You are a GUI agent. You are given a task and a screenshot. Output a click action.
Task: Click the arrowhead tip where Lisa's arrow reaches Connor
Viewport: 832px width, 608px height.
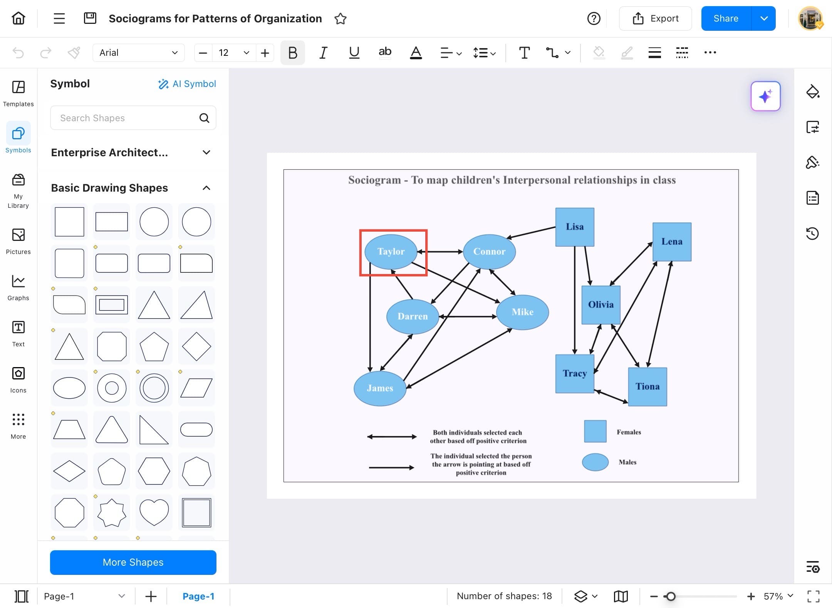pos(506,239)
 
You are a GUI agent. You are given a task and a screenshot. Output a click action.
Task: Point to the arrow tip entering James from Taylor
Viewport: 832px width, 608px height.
pos(370,372)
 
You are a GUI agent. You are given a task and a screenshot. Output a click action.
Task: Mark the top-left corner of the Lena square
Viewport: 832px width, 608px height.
pos(653,223)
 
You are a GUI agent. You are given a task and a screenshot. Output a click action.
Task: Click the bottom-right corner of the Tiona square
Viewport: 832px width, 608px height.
pos(667,406)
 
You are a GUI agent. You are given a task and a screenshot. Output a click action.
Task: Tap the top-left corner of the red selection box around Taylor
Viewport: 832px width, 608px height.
pos(360,230)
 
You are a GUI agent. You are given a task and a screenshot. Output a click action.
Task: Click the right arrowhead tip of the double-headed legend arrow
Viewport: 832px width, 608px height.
pos(417,437)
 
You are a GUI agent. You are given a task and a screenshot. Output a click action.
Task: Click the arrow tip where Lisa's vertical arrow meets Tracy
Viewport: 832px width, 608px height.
pos(575,354)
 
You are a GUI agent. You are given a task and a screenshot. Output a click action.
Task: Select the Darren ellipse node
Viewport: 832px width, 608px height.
pos(413,316)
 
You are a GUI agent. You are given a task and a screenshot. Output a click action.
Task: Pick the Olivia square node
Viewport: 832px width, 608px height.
pos(601,305)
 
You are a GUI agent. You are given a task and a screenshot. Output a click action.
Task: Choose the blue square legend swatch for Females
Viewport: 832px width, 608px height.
pos(595,431)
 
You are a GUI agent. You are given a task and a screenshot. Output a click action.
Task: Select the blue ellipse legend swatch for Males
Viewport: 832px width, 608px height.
pos(595,462)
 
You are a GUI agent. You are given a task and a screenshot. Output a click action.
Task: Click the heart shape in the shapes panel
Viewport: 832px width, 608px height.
pos(154,513)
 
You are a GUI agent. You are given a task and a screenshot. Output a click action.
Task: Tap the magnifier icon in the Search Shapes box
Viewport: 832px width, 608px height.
pos(204,118)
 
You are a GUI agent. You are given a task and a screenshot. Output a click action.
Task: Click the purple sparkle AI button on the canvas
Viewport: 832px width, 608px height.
pos(765,96)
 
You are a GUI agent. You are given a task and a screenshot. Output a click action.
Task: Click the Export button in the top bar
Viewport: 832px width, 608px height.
pos(655,18)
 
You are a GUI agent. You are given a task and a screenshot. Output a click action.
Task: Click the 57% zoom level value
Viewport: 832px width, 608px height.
pos(773,596)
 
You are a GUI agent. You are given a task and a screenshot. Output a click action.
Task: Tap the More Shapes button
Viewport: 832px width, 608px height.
pos(133,563)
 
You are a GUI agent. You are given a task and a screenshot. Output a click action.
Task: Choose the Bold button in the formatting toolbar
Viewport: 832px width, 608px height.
pos(293,53)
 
